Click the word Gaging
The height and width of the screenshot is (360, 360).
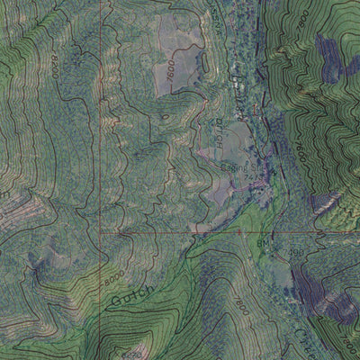coord(231,166)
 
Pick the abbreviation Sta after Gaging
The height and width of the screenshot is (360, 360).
coord(256,167)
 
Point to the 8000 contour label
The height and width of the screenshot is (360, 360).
coord(112,280)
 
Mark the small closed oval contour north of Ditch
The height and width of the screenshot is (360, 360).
coord(165,115)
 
